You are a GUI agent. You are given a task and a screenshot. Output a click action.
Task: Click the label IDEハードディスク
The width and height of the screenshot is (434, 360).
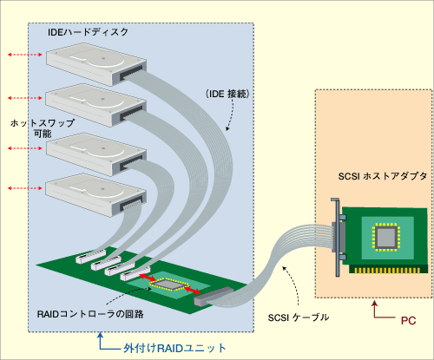(88, 32)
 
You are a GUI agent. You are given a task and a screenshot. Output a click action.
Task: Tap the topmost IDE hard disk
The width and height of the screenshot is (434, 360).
(96, 64)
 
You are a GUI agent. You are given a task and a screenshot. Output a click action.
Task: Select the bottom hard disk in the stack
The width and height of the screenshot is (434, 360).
(96, 195)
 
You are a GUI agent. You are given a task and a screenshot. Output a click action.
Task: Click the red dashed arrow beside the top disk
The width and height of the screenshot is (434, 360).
(25, 55)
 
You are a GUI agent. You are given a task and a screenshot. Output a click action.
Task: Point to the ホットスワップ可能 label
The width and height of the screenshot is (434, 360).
(43, 128)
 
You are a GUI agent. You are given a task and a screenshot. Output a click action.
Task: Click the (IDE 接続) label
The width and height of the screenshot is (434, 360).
(227, 94)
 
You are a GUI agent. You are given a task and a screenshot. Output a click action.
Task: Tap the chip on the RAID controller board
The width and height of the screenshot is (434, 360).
(169, 285)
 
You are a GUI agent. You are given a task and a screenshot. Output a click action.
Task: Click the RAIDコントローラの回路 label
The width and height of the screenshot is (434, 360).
(90, 314)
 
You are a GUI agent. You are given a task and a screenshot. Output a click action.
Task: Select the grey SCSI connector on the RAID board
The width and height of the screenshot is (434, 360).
(214, 297)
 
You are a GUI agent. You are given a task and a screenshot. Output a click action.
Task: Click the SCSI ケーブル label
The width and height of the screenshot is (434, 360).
(299, 317)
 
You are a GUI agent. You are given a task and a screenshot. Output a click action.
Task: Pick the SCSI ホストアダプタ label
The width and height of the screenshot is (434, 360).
(383, 176)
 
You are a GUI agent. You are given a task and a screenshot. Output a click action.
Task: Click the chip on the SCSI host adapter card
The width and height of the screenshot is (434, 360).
(386, 237)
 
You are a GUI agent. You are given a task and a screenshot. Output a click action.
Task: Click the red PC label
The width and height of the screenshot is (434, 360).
(408, 321)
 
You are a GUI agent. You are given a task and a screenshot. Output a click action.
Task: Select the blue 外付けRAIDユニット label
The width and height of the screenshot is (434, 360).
(174, 348)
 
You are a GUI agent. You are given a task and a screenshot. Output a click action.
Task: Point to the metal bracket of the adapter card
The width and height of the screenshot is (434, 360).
(336, 237)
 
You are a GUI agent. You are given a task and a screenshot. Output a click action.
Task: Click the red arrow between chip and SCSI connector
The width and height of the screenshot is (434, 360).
(192, 290)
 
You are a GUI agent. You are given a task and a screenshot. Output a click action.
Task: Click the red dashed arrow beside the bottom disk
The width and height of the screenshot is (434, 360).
(25, 188)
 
